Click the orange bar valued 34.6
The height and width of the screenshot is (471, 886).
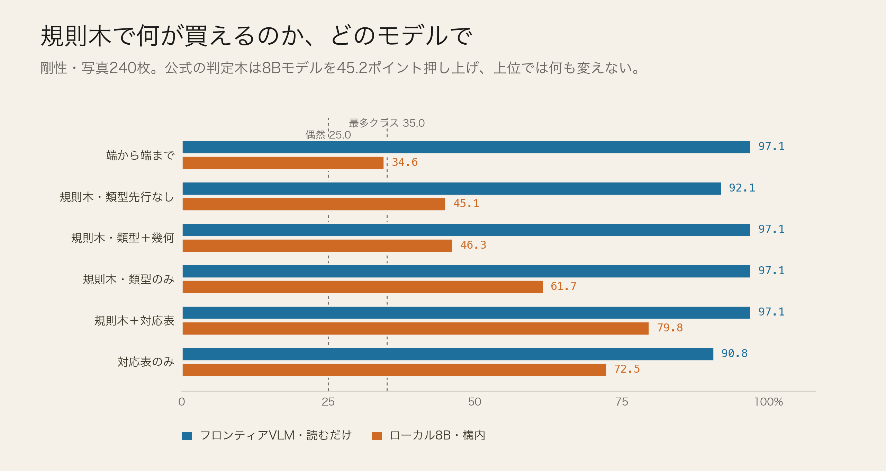(x=283, y=163)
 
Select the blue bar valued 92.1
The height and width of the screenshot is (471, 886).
(x=452, y=188)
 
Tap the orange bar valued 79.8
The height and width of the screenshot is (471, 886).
(x=415, y=328)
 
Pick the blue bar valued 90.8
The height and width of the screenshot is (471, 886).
(x=448, y=354)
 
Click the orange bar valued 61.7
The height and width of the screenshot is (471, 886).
(x=362, y=287)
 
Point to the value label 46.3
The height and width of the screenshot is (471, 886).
(x=473, y=245)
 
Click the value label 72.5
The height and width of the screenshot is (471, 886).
(x=627, y=369)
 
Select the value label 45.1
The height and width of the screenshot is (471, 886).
(x=466, y=204)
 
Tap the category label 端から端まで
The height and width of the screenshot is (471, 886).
(x=140, y=155)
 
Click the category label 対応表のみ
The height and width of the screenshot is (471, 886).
(x=146, y=362)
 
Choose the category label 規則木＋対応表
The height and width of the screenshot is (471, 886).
(x=134, y=321)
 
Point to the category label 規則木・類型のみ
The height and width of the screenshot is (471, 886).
(x=128, y=279)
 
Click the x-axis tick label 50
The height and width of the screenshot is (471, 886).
(x=474, y=402)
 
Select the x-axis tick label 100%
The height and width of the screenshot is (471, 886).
(x=768, y=402)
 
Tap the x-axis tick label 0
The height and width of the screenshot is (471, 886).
(x=182, y=402)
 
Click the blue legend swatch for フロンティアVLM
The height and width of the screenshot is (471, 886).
(x=187, y=436)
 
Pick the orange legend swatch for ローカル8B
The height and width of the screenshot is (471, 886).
(x=377, y=436)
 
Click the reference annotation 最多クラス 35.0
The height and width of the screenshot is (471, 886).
(x=387, y=123)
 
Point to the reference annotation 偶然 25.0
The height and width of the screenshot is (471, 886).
(x=328, y=135)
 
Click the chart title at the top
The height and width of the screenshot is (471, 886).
(x=256, y=36)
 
